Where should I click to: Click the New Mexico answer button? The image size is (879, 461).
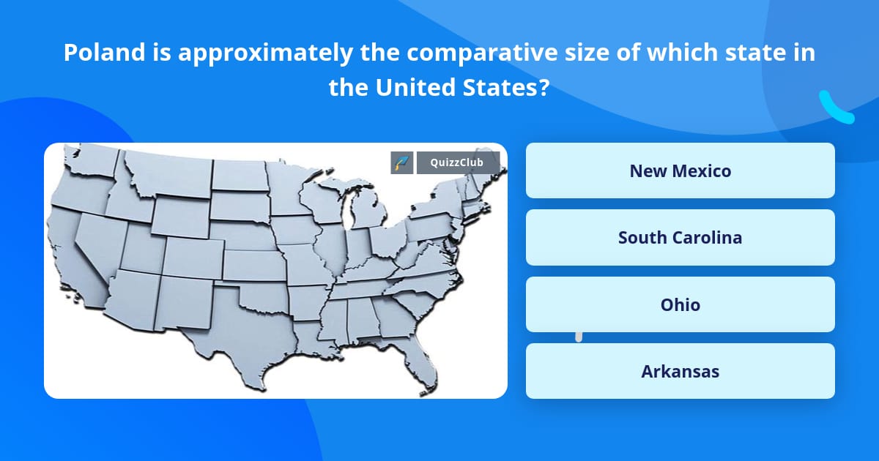pos(680,170)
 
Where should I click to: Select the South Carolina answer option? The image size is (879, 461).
pos(680,238)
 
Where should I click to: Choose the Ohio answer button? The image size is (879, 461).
pos(680,304)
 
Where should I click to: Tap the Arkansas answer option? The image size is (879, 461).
pos(680,371)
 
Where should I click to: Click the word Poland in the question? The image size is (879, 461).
pos(104,52)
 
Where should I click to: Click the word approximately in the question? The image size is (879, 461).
pos(265,53)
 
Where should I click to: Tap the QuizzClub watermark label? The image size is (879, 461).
pos(457,162)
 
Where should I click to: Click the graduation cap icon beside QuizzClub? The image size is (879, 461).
pos(402,162)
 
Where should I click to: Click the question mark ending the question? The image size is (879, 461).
pos(544,87)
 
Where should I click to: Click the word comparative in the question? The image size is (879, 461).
pos(482,53)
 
